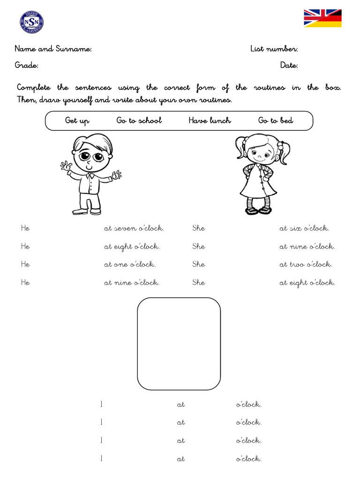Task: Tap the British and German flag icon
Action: point(322,18)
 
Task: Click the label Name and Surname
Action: point(53,49)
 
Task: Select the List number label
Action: point(274,49)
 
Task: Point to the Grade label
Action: point(27,65)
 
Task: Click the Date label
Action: point(289,65)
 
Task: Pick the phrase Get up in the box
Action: point(77,120)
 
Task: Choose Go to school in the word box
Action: point(139,120)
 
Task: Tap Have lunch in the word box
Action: point(210,120)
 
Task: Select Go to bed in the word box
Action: point(276,120)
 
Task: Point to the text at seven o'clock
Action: point(134,228)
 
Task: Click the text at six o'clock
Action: point(304,228)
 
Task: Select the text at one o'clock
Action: point(130,264)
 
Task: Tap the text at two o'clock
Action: point(306,264)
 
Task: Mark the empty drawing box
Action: point(179,344)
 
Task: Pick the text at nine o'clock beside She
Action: point(307,247)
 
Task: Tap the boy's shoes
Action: point(87,212)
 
